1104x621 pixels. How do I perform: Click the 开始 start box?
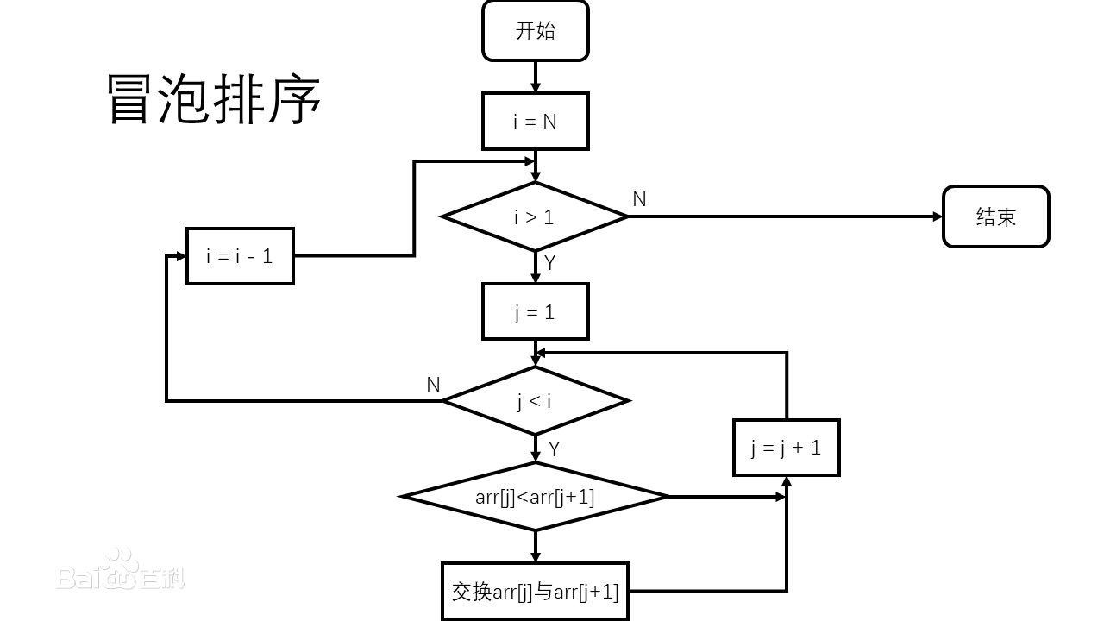(x=535, y=31)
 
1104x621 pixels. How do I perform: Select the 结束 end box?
(x=995, y=216)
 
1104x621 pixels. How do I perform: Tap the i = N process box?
(x=535, y=122)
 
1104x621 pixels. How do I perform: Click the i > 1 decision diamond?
(x=535, y=216)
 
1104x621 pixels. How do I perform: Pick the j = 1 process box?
(x=535, y=311)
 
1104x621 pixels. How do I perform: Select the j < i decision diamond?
(x=535, y=401)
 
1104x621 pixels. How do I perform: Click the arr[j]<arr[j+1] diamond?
(x=535, y=497)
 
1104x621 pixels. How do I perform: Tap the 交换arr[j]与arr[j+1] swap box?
(x=535, y=592)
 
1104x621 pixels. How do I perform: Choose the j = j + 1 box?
(x=786, y=448)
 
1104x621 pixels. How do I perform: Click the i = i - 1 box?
(x=240, y=256)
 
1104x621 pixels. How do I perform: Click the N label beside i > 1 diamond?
(x=639, y=199)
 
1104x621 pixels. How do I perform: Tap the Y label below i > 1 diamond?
(x=550, y=263)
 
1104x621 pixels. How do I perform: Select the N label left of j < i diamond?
(x=433, y=385)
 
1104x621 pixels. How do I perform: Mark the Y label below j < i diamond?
(x=554, y=449)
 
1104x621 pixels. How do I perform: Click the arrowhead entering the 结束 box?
(x=938, y=216)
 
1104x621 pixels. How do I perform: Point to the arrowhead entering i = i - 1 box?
(x=181, y=256)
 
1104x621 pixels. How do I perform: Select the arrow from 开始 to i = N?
(x=535, y=77)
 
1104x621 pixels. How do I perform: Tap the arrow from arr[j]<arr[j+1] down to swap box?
(x=535, y=545)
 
